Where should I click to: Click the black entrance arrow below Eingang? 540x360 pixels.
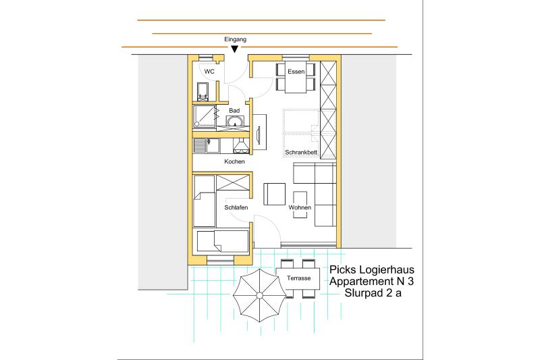234,49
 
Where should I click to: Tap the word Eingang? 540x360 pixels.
235,39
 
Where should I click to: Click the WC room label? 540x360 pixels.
209,72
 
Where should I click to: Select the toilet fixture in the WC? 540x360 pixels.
202,91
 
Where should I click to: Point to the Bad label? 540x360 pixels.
234,111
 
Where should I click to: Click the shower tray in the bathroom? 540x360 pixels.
205,116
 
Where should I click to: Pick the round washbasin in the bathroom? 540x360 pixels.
235,122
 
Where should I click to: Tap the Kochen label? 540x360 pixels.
234,161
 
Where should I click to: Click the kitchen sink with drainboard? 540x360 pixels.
207,145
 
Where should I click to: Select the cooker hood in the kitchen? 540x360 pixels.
241,146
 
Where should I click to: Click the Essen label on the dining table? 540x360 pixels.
296,72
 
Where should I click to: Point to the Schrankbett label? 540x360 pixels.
301,152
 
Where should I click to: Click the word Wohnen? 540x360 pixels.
300,207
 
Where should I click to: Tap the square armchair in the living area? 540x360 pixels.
275,195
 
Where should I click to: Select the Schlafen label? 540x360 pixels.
236,207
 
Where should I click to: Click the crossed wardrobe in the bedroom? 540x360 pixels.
233,182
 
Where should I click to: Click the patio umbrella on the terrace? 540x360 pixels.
259,296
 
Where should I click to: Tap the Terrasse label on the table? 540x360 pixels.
298,278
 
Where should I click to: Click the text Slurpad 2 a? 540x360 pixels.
373,293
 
